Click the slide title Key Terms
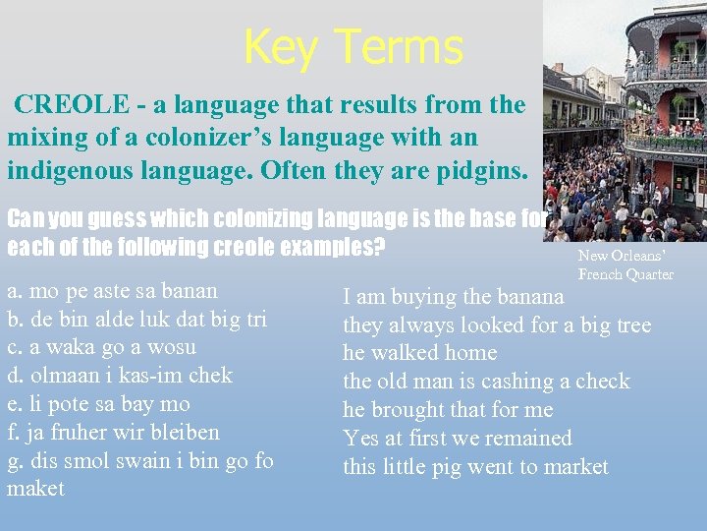tap(353, 46)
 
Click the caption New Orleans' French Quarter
tap(625, 265)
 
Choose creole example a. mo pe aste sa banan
tap(112, 291)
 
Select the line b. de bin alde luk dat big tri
tap(136, 319)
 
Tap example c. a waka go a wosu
tap(101, 347)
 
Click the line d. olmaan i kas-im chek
tap(119, 376)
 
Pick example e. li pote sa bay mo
tap(98, 404)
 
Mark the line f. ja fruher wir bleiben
tap(113, 432)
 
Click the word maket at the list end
tap(35, 489)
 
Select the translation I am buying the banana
tap(453, 297)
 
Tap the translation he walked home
tap(419, 353)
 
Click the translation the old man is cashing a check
tap(485, 382)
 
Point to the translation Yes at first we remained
tap(457, 439)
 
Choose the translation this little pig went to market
tap(475, 467)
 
